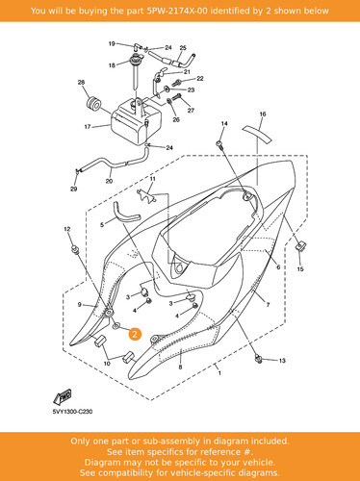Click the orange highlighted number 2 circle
click(x=135, y=334)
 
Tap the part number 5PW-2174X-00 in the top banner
click(x=177, y=11)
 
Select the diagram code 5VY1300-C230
click(x=72, y=412)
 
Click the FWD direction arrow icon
click(x=63, y=396)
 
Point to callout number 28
click(x=81, y=83)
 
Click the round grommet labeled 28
click(x=93, y=103)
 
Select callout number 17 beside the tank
click(x=88, y=127)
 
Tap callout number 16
click(x=263, y=114)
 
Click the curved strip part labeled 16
click(x=257, y=133)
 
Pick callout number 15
click(x=300, y=269)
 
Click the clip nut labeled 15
click(x=300, y=246)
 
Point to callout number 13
click(x=282, y=361)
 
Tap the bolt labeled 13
click(x=258, y=359)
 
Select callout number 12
click(x=67, y=229)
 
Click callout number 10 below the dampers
click(x=107, y=364)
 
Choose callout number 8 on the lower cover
click(x=180, y=367)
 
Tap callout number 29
click(x=74, y=189)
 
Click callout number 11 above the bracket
click(x=153, y=179)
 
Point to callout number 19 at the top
click(x=112, y=43)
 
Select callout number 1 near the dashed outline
click(x=219, y=373)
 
